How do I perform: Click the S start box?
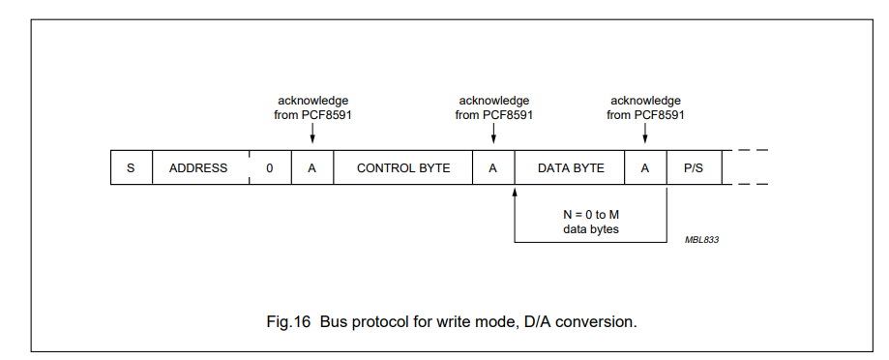(131, 167)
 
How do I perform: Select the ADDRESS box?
(198, 167)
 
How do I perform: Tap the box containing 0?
(270, 167)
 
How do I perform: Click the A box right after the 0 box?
(312, 167)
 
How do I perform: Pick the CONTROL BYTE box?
(403, 167)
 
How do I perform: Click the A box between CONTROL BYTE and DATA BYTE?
(493, 167)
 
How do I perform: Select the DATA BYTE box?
(571, 167)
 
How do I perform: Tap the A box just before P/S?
(645, 167)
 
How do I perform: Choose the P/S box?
(694, 167)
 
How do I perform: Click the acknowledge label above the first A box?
(312, 107)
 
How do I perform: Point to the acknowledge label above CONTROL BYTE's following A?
(493, 107)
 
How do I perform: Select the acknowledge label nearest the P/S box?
(645, 107)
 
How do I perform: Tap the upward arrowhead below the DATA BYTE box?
(515, 192)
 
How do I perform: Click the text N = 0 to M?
(589, 214)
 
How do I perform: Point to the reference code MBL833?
(702, 239)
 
